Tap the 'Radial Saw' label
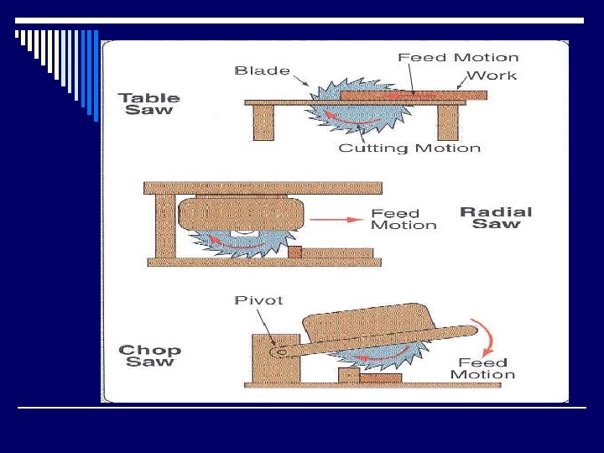pos(496,217)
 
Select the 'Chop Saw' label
pos(149,356)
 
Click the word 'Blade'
pos(262,70)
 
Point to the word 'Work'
pos(492,75)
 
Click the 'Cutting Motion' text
pos(409,148)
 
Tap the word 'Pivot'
pos(259,299)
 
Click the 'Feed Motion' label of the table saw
pos(458,57)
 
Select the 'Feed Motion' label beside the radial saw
pos(404,219)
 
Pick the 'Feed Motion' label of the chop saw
pos(482,368)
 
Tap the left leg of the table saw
pos(263,122)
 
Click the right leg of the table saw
pos(447,122)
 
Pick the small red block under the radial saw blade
pos(294,252)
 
